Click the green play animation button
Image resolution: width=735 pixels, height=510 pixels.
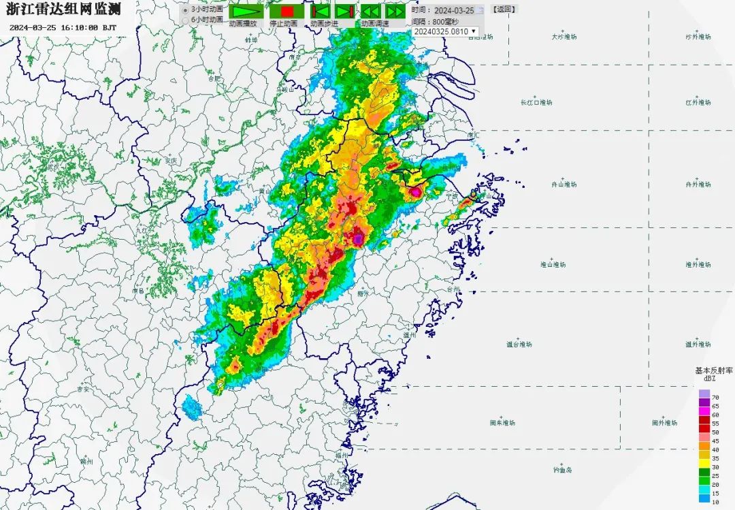pyautogui.click(x=245, y=12)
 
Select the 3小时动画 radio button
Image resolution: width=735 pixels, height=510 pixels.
pyautogui.click(x=185, y=10)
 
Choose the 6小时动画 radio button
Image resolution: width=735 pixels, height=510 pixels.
pyautogui.click(x=185, y=20)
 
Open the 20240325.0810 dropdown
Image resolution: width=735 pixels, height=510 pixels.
pyautogui.click(x=445, y=32)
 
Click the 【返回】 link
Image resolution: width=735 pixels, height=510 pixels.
pyautogui.click(x=504, y=10)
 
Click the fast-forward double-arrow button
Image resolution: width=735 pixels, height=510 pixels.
pyautogui.click(x=395, y=12)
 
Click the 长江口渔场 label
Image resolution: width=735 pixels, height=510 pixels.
pyautogui.click(x=536, y=103)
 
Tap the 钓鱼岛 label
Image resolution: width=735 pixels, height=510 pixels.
pyautogui.click(x=563, y=470)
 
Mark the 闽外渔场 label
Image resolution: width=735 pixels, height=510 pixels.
pyautogui.click(x=665, y=423)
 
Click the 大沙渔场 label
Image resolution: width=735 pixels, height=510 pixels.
pyautogui.click(x=563, y=37)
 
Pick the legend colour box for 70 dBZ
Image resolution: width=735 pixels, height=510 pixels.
pyautogui.click(x=704, y=394)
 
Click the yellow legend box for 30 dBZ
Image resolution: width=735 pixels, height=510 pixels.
pyautogui.click(x=704, y=467)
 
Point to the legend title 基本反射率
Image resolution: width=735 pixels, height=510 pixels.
pyautogui.click(x=713, y=370)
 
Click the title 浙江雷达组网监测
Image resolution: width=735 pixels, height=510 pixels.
pyautogui.click(x=63, y=10)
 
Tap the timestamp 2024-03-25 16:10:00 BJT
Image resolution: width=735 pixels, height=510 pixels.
pyautogui.click(x=63, y=28)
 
